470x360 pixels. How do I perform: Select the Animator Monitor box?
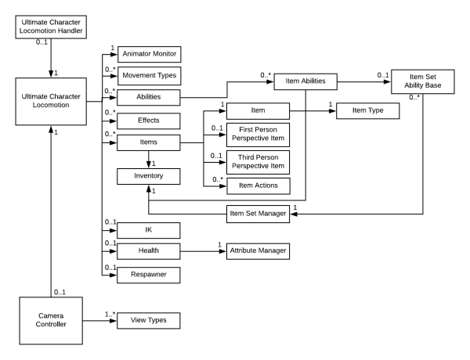pos(149,54)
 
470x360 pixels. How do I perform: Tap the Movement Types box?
pos(149,76)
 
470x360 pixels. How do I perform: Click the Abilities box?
pos(149,99)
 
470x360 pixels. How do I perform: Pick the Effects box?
pos(149,121)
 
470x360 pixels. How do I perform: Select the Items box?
pos(149,143)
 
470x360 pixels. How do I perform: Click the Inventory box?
pos(149,177)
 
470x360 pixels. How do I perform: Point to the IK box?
pos(149,229)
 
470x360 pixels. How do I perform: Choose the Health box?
pos(149,251)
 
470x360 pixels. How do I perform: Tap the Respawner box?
pos(149,274)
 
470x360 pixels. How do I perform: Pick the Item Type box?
pos(367,112)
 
